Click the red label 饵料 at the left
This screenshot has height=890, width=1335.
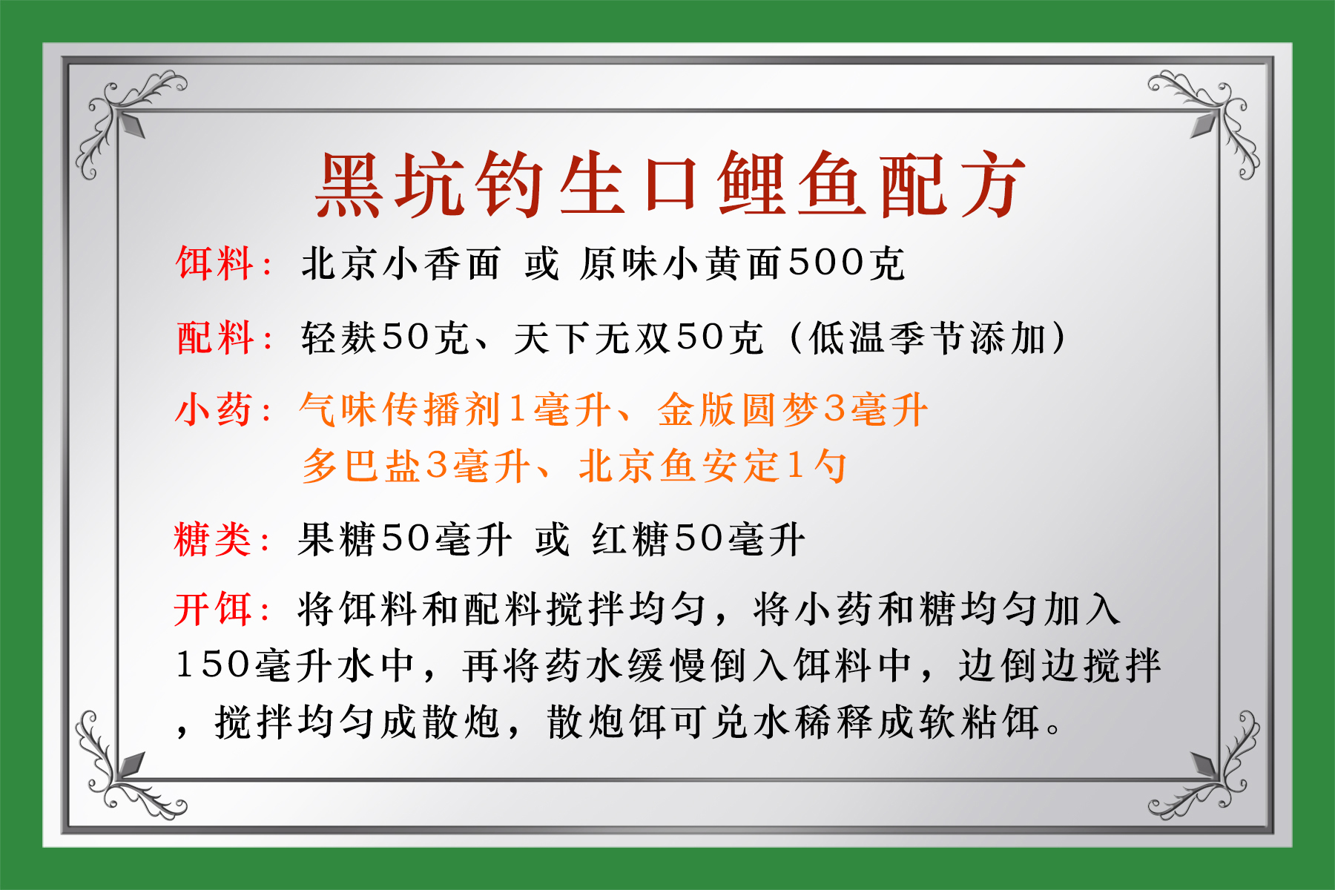214,264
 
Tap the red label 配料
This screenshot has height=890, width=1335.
214,338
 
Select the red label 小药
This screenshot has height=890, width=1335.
214,410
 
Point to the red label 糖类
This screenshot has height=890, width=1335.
213,539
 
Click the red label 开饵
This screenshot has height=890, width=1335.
213,610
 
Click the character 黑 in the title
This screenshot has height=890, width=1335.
350,185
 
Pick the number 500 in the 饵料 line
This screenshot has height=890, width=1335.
826,263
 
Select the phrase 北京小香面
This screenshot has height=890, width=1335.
400,264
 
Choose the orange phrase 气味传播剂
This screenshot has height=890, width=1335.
401,410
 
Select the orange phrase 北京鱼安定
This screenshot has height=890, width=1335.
679,467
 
